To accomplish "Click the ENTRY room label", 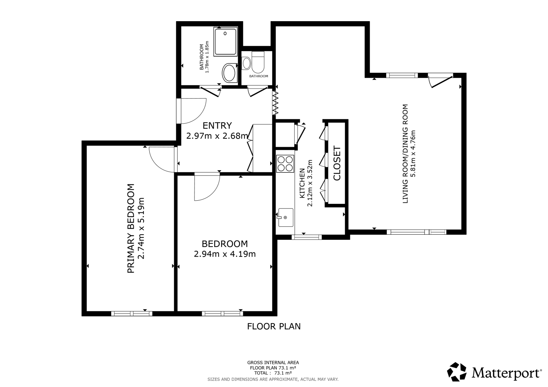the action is pos(217,125).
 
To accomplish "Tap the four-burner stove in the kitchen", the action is pos(285,164).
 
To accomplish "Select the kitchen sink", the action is pos(285,218).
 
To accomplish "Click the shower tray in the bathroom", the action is pos(225,42).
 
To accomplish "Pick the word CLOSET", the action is pos(337,163).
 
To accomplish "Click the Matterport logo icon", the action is pos(456,372).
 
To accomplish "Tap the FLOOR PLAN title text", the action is pos(274,326).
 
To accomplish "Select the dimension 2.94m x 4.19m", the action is pos(225,254).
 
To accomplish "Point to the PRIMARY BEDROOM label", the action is pos(131,228).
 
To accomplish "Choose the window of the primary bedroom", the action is pos(132,314).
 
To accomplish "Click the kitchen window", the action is pos(306,237).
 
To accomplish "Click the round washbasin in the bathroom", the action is pos(229,72).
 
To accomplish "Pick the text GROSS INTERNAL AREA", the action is pos(273,363).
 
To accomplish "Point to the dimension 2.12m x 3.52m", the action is pos(310,183).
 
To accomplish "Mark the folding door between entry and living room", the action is pos(275,103).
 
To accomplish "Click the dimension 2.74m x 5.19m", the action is pos(141,228).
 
